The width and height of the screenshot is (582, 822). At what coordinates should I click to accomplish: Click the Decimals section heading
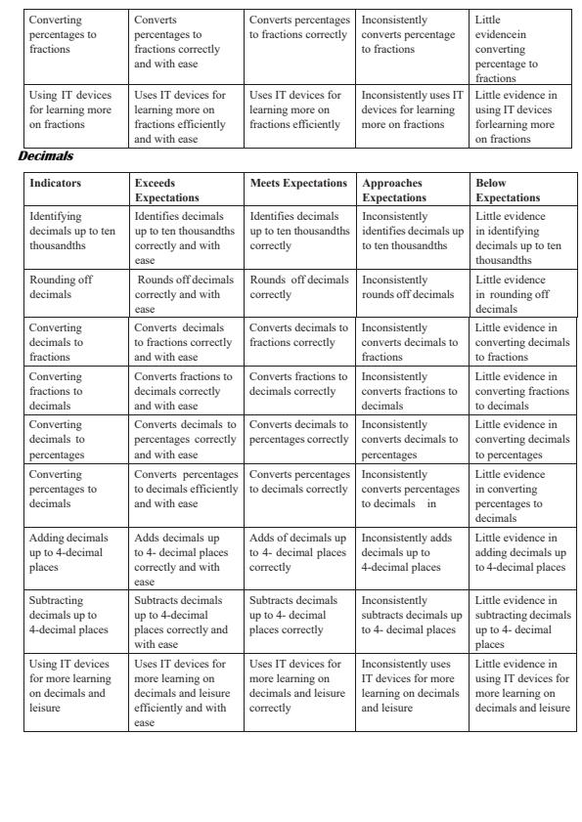tap(46, 155)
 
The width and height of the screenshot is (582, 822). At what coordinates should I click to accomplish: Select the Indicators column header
tap(56, 183)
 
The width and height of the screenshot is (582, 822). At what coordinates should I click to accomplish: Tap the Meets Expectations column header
tap(298, 183)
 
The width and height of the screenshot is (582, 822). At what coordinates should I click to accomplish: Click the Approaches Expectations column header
tap(392, 190)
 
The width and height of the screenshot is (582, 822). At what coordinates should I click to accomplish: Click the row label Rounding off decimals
tap(61, 286)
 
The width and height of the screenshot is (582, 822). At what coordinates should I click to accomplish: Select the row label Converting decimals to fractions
tap(57, 342)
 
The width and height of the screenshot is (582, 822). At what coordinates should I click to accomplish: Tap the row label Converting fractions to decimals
tap(57, 391)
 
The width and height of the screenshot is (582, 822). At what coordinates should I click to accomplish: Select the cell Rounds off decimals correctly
tap(298, 286)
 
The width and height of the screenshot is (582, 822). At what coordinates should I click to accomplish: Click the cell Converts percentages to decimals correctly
tap(299, 482)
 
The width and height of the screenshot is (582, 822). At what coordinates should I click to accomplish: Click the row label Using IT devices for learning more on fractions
tap(69, 109)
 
